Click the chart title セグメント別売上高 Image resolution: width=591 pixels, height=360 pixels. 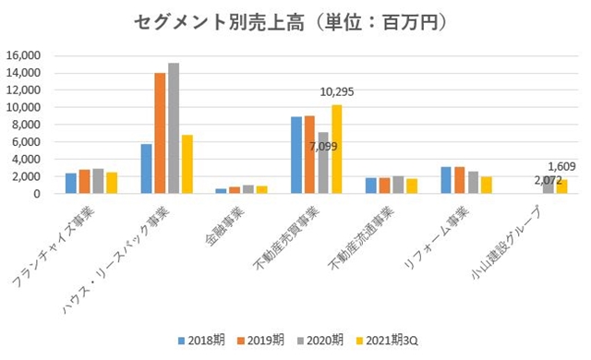point(295,19)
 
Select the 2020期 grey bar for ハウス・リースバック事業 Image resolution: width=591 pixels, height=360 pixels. point(174,128)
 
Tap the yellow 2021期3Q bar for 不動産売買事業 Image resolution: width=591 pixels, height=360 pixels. point(337,149)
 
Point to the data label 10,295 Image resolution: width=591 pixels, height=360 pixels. point(337,91)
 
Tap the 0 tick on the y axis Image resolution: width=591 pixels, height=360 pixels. point(36,194)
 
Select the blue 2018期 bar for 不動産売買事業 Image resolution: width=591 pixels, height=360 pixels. point(295,155)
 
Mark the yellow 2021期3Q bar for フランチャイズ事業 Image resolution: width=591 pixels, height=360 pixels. point(112,183)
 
